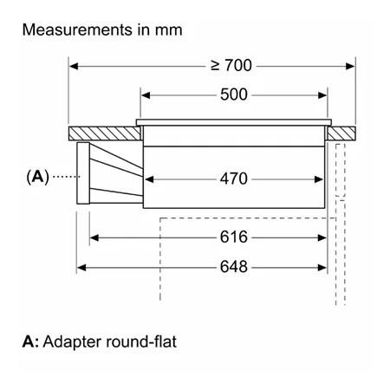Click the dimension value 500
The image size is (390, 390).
[234, 94]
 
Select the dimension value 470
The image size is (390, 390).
[234, 179]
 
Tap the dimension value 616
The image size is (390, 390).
[234, 237]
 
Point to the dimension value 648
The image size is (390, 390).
[234, 267]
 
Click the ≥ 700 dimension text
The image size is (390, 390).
[231, 65]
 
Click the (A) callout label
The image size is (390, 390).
[37, 177]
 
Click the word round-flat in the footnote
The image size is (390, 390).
[141, 341]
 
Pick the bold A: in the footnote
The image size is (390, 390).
[30, 341]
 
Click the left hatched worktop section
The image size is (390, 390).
[105, 133]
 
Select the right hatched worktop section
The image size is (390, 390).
[341, 133]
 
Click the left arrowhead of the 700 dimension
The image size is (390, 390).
[74, 66]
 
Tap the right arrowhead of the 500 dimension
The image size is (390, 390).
[322, 95]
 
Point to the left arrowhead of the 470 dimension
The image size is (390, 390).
[149, 179]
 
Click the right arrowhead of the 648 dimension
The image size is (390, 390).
[322, 268]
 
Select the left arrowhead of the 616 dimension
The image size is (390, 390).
[94, 237]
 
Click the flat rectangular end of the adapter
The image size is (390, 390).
[83, 173]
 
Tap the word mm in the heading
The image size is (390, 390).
[169, 31]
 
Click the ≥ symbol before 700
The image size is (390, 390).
[215, 66]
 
